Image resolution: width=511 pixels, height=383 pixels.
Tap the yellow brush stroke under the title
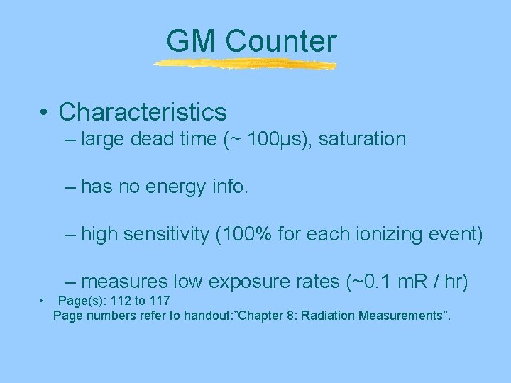point(245,65)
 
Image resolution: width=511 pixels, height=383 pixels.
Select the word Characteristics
point(143,112)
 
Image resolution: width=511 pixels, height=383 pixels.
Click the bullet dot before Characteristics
point(45,113)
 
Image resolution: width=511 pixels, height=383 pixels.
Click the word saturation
point(362,139)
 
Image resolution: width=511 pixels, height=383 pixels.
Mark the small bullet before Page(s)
point(42,301)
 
